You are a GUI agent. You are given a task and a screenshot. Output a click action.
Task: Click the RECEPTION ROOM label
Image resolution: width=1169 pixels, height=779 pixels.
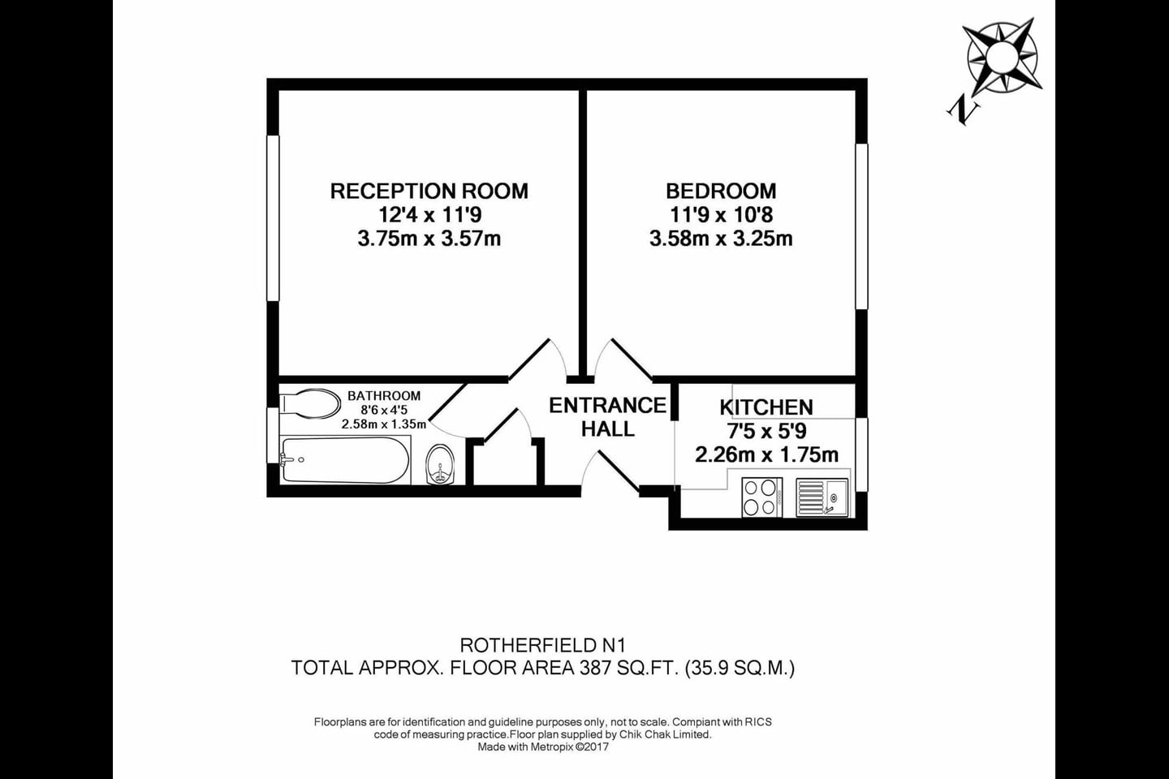pos(429,192)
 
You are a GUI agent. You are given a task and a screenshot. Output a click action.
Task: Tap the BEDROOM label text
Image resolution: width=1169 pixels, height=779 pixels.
pos(721,192)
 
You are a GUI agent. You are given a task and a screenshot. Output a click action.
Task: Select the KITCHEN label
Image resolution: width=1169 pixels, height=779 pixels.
pos(766,407)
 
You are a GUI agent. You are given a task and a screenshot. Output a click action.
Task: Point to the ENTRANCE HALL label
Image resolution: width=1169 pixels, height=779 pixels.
pos(607,417)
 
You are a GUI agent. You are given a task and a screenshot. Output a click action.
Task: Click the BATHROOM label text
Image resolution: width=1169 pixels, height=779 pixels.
pos(384,396)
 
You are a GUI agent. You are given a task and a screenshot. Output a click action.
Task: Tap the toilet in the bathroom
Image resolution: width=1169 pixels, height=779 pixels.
pos(311,403)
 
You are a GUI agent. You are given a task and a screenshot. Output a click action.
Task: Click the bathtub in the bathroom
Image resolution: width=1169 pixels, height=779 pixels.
pos(344,461)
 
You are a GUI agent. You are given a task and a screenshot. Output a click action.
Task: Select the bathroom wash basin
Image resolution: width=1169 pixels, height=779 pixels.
pos(442,464)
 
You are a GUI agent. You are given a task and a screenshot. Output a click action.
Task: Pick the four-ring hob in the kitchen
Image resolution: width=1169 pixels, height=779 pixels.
pos(761,497)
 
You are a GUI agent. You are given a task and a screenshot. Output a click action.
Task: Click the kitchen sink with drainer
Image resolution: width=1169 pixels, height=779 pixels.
pos(822,497)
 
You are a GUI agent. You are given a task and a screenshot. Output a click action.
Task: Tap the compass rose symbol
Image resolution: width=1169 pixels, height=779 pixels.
pos(1002,57)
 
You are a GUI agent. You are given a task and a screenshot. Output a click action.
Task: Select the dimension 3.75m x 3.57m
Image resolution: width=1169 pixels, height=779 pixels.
pos(429,239)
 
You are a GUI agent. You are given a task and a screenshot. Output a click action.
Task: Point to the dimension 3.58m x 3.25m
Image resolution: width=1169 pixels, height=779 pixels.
pos(721,239)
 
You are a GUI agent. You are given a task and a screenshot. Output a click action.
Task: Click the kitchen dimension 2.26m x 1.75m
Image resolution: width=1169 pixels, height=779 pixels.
pos(766,454)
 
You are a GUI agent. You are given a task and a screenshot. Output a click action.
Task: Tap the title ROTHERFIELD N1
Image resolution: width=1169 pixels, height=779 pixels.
pos(543,646)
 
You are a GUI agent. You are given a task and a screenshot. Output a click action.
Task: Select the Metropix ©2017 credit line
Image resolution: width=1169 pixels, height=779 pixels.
pos(543,747)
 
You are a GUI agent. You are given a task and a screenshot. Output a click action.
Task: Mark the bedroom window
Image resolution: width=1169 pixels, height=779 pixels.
pos(861,226)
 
